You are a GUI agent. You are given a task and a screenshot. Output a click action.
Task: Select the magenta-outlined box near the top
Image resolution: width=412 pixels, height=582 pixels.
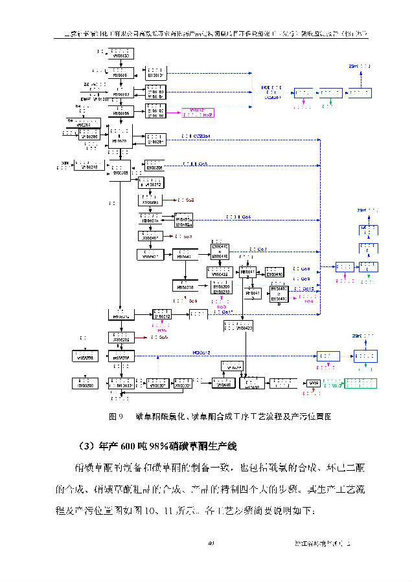(x=199, y=113)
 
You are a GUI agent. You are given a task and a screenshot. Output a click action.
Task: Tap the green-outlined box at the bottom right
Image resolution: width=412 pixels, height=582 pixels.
(x=354, y=383)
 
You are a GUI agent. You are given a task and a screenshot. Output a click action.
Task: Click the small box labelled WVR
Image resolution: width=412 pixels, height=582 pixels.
(x=314, y=383)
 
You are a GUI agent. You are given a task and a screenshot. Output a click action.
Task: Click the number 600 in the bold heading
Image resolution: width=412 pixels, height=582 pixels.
(x=128, y=446)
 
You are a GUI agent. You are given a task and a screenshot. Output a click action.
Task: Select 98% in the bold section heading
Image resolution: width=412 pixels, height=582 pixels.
(x=159, y=446)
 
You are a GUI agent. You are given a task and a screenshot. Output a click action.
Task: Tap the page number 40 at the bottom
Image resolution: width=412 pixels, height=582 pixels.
(x=211, y=544)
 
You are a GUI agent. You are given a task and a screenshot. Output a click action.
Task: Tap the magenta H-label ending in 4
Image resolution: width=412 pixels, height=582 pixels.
(x=309, y=301)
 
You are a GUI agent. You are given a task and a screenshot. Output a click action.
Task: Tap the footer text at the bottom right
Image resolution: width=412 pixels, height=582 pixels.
(x=322, y=544)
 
